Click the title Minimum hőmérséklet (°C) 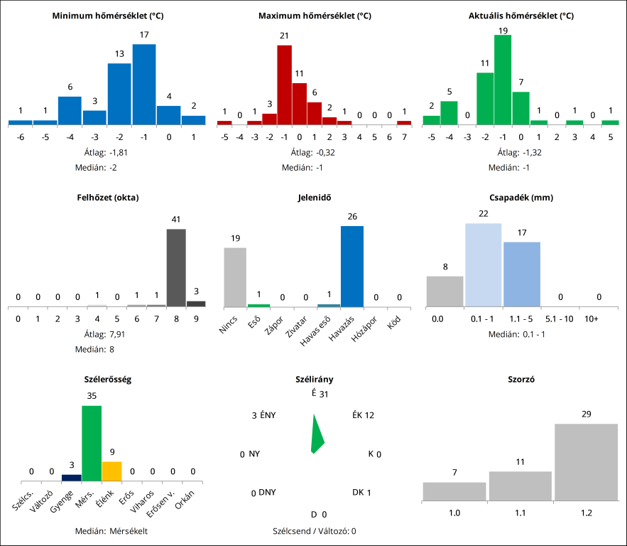click(x=108, y=15)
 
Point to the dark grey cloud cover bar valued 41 click(x=176, y=267)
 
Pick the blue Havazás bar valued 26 click(x=352, y=266)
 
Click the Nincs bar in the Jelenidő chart click(x=235, y=277)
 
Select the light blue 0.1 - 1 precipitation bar click(x=484, y=264)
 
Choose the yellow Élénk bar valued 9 click(x=111, y=471)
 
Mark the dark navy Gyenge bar click(x=72, y=477)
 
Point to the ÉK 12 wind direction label click(x=363, y=415)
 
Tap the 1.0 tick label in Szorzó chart click(x=454, y=513)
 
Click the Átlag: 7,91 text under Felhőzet click(x=107, y=335)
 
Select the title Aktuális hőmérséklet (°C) click(x=521, y=15)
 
